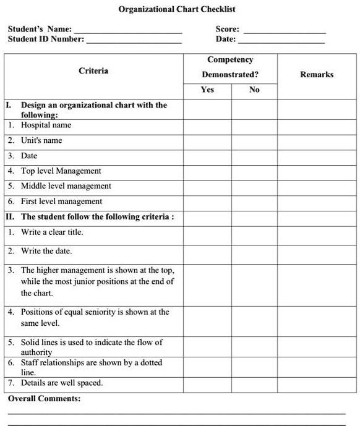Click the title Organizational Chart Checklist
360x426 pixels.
(x=177, y=9)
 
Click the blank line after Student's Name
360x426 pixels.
(x=128, y=30)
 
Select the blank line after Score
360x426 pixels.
(x=285, y=30)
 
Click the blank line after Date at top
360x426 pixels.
(x=281, y=41)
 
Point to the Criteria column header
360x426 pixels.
(x=93, y=70)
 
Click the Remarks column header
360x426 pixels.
(x=317, y=74)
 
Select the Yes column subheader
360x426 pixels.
(x=207, y=90)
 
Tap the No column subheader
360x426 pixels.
(x=254, y=90)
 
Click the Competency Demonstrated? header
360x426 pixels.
(x=230, y=67)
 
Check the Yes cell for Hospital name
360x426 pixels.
(x=207, y=126)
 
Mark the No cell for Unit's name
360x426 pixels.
(x=254, y=140)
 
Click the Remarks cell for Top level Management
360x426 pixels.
(x=317, y=171)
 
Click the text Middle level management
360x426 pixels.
(x=66, y=186)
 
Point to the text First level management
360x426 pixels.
(x=61, y=202)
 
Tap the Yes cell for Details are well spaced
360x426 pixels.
(x=207, y=383)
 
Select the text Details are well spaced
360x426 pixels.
(x=62, y=383)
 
